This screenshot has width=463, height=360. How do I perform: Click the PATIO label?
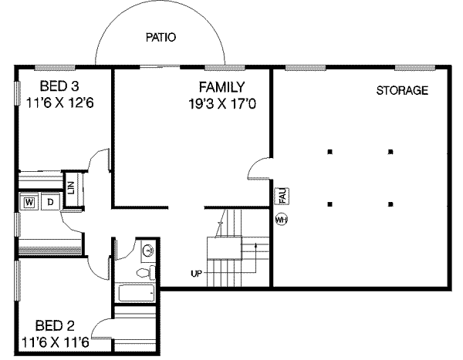pos(161,38)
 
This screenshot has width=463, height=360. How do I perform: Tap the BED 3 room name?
pos(59,86)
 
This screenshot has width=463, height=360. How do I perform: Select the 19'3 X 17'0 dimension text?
pos(222,104)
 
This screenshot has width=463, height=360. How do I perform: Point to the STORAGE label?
pos(402,90)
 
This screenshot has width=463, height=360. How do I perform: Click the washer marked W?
pos(29,202)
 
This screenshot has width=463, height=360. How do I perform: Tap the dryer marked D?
pos(51,202)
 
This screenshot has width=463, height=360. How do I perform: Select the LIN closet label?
pos(71,187)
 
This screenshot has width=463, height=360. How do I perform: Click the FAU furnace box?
pos(282,196)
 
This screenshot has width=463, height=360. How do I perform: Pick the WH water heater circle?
pos(281,220)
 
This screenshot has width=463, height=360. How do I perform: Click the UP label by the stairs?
pos(196,274)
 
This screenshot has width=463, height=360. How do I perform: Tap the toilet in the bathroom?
pos(146,272)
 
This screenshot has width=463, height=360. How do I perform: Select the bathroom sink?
pos(147,251)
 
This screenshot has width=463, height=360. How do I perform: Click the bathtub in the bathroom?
pos(137,292)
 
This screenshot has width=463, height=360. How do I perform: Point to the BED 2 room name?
pos(55,326)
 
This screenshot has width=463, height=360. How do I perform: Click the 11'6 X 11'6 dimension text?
pos(56,343)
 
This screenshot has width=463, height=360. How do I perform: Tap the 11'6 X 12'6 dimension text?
pos(59,103)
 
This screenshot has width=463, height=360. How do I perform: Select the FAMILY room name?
pos(222,87)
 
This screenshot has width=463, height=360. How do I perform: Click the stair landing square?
pos(224,248)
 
